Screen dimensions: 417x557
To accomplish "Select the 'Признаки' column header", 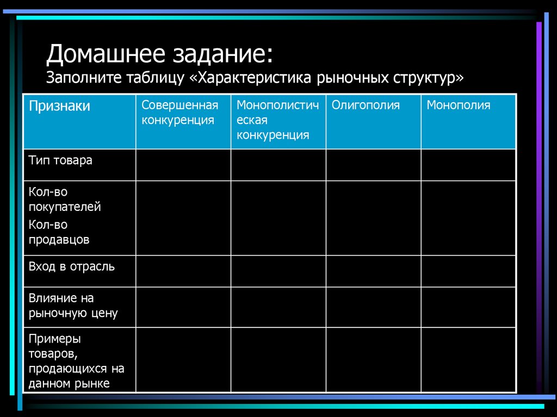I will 59,106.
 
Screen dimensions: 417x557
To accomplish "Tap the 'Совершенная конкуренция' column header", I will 180,113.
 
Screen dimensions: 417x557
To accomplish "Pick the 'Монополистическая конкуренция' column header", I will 277,120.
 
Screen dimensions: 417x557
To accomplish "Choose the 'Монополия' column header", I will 458,105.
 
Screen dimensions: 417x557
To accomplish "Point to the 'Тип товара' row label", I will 60,160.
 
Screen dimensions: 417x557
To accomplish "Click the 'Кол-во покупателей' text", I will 65,200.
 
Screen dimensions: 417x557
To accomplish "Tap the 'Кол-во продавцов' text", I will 59,232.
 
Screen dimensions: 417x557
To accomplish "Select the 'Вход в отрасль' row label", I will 72,267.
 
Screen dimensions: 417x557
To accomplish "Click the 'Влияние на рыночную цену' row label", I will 73,306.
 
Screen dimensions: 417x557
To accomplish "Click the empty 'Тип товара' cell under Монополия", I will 468,165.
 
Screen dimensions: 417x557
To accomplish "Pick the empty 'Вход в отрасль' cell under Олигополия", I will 373,271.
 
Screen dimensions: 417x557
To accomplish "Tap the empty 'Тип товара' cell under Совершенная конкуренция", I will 183,165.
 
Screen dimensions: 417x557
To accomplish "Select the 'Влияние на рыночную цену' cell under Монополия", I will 468,307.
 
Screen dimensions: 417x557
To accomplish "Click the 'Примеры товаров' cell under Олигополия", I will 373,359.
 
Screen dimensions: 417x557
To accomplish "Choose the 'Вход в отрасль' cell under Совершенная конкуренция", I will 183,271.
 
